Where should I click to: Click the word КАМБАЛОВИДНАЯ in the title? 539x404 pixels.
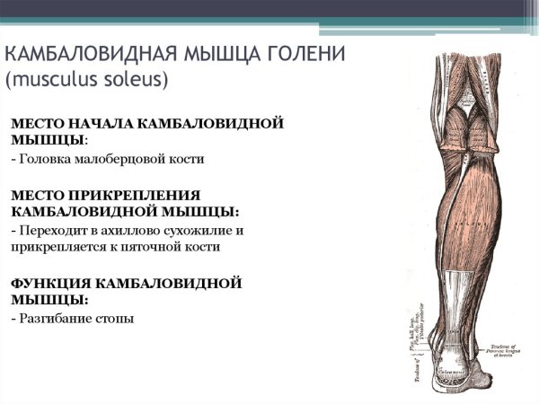(89, 53)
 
